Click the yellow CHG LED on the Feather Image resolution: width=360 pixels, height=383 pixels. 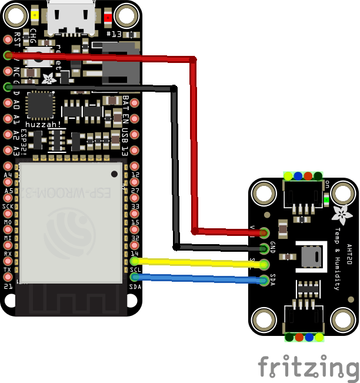(36, 16)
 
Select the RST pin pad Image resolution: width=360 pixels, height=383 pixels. (8, 39)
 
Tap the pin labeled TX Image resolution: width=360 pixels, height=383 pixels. (8, 276)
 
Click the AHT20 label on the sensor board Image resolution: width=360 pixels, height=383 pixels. (349, 258)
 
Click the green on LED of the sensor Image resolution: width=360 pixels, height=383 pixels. (326, 199)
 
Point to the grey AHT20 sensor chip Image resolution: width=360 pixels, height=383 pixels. (311, 257)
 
